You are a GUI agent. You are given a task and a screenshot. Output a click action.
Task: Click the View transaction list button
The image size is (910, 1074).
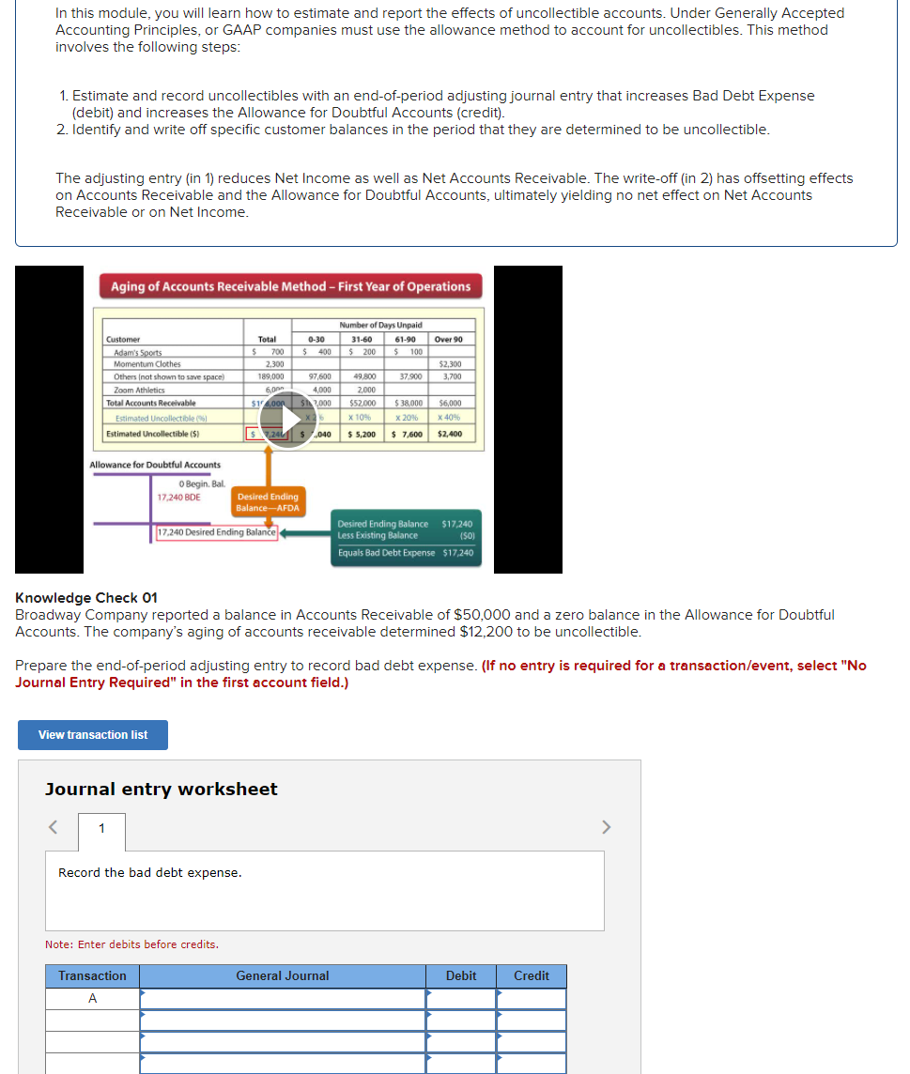click(93, 735)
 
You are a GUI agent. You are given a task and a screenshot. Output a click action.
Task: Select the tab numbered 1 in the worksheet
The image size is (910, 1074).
click(101, 827)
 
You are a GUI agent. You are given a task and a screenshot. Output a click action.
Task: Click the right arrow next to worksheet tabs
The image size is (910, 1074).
click(606, 827)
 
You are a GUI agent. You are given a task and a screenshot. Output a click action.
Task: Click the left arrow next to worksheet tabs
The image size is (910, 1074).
click(54, 827)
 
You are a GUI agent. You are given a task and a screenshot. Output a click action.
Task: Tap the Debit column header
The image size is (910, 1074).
click(460, 976)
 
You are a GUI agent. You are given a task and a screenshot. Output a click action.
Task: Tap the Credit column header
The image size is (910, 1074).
click(531, 976)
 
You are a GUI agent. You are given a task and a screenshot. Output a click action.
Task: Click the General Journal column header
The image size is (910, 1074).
click(283, 976)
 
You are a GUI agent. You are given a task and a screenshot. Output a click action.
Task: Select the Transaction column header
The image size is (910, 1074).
click(92, 976)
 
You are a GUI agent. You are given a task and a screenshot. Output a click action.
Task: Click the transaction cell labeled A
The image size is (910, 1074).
click(92, 999)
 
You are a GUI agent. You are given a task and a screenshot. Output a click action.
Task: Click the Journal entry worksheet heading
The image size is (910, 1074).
click(162, 790)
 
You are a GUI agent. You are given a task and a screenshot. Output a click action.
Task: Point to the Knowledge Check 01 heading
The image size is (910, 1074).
click(86, 598)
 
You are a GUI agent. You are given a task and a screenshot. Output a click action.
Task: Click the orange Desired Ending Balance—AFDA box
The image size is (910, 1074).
click(268, 502)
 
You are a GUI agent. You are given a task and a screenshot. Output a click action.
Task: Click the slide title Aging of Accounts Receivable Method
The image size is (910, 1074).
click(290, 286)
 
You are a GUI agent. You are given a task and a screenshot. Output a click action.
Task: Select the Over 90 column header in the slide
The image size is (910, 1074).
click(448, 339)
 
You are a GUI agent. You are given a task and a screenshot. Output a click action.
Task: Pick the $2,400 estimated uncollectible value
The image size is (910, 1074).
click(450, 434)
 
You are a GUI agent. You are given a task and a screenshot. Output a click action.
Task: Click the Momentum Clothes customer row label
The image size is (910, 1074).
click(147, 364)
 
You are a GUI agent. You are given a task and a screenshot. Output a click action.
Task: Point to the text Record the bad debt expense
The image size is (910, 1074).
click(149, 873)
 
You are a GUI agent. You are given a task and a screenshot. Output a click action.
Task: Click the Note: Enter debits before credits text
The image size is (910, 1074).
click(131, 944)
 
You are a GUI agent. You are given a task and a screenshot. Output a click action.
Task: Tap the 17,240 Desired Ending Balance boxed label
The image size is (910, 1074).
click(216, 532)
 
